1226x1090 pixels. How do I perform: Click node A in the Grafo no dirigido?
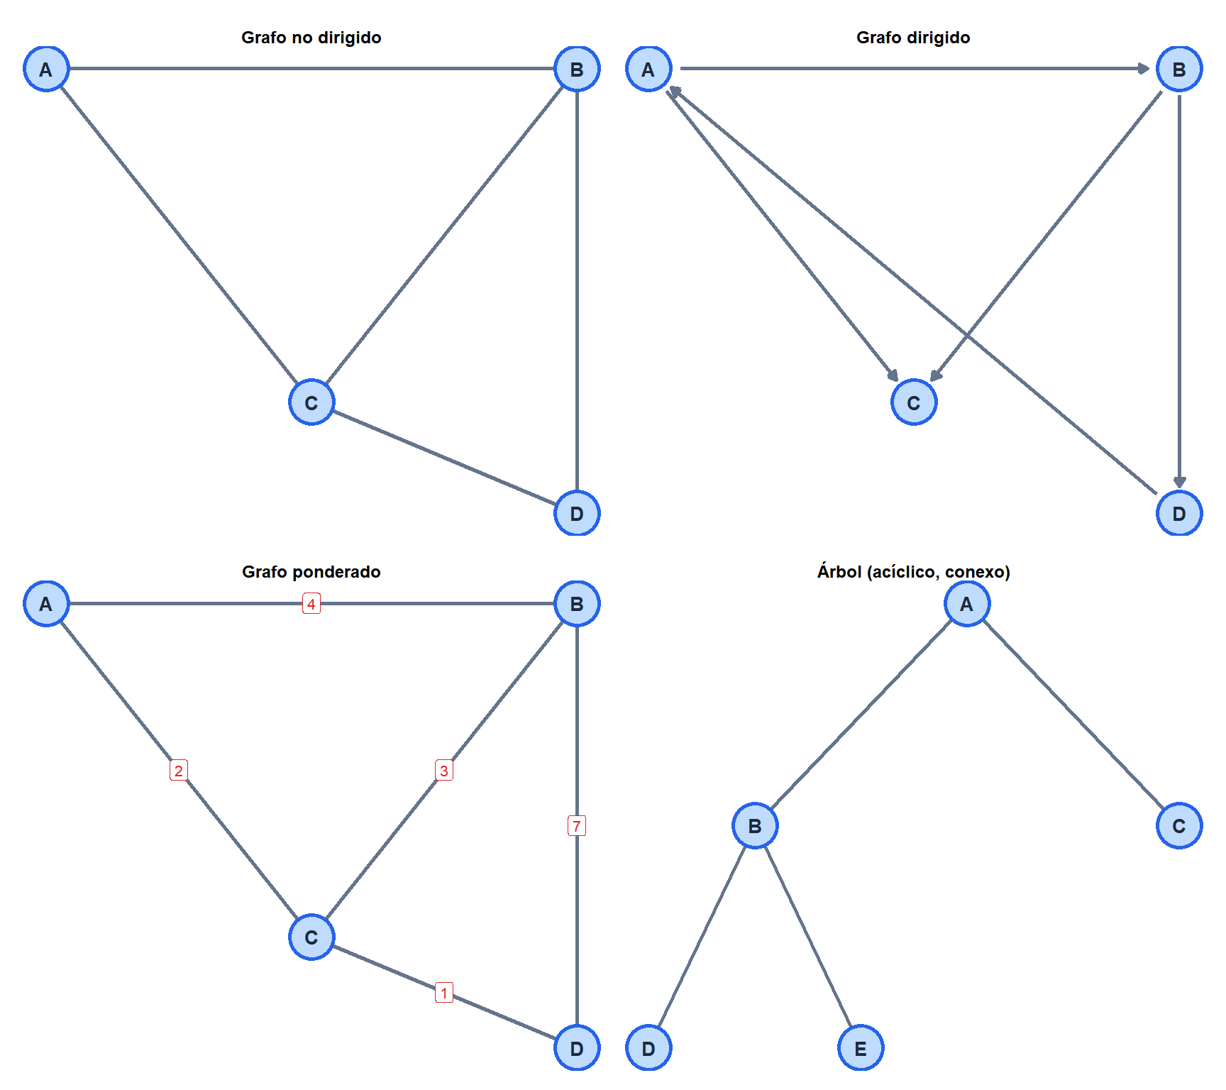(46, 69)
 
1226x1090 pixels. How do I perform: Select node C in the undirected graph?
(311, 402)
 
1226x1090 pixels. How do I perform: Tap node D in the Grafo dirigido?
(1179, 513)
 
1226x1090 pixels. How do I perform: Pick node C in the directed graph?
(914, 402)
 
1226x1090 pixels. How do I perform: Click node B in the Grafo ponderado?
(577, 604)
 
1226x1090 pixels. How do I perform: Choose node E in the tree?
(861, 1048)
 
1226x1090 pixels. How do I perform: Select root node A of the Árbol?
(967, 604)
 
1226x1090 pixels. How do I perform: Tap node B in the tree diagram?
(755, 826)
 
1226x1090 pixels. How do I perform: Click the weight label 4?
(311, 604)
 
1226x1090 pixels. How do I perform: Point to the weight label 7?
(577, 826)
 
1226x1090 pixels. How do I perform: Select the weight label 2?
(179, 770)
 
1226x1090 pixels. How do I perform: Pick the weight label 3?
(444, 770)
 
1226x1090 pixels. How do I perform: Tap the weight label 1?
(444, 993)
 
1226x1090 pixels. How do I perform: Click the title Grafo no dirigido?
(311, 38)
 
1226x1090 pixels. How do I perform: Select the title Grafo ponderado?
(311, 572)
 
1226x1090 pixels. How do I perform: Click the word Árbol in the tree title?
(839, 571)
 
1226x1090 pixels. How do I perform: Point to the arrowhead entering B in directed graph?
(1143, 69)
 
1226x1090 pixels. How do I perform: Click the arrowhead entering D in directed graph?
(1179, 482)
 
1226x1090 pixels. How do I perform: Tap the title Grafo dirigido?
(913, 38)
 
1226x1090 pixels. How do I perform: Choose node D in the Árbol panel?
(648, 1048)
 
